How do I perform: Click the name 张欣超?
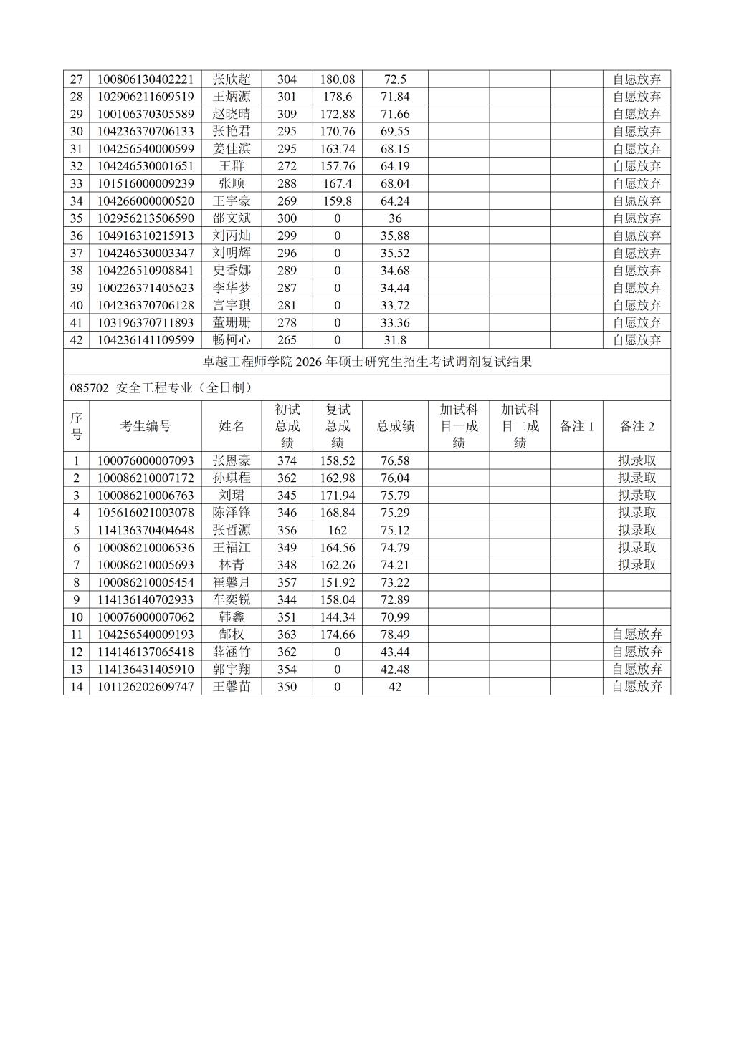(x=232, y=79)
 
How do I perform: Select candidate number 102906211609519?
(x=146, y=97)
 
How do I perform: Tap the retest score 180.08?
(x=338, y=79)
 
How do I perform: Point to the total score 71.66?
(x=395, y=114)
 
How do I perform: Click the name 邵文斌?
(x=232, y=218)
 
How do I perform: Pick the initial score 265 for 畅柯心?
(x=287, y=340)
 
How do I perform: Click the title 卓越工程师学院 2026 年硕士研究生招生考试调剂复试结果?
(x=367, y=362)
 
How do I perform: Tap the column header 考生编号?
(x=146, y=426)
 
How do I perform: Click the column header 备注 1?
(x=577, y=426)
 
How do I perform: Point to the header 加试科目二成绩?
(x=520, y=426)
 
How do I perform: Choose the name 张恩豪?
(x=232, y=460)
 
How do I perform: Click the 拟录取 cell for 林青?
(x=637, y=565)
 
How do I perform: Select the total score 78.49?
(x=395, y=635)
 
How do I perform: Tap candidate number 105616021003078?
(x=146, y=513)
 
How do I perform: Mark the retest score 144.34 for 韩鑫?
(x=338, y=617)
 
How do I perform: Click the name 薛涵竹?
(x=232, y=652)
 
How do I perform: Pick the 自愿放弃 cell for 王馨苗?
(x=637, y=687)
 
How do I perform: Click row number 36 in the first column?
(x=77, y=236)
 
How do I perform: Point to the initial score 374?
(x=287, y=460)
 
